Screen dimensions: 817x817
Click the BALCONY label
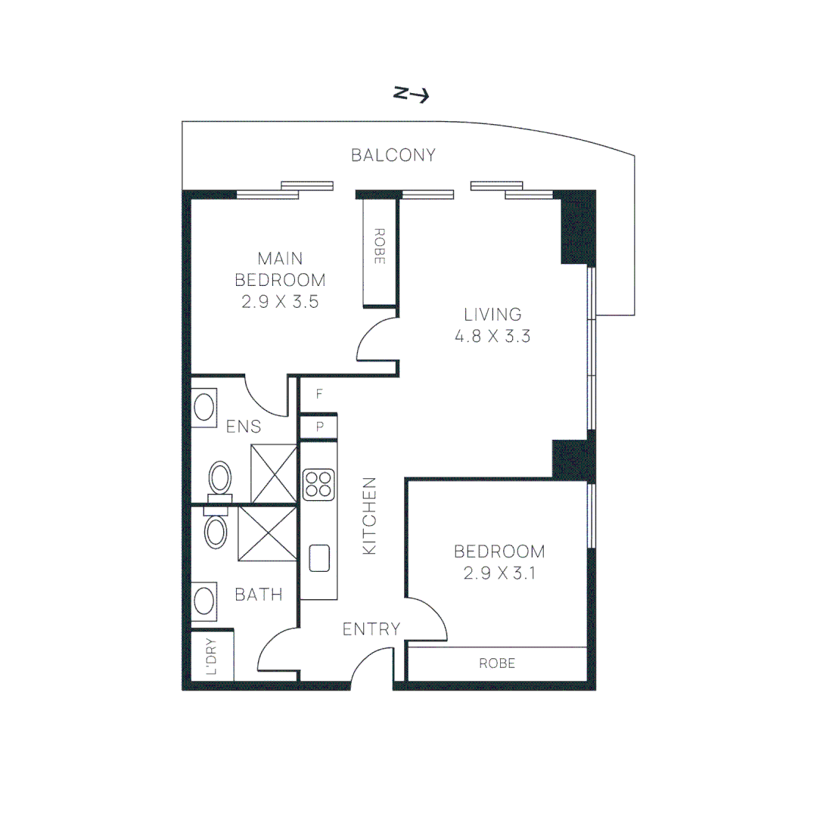pos(393,156)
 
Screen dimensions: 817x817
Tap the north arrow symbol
pos(412,95)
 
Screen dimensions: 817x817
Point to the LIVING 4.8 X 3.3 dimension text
pos(492,336)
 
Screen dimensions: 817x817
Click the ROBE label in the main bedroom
pos(380,246)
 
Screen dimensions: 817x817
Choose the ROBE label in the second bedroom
pos(497,664)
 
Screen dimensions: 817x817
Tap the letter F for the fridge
pos(320,394)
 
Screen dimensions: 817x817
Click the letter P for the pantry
pos(320,427)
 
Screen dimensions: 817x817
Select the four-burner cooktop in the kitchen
pos(318,485)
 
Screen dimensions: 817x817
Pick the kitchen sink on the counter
pos(319,558)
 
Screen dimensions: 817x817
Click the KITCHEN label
pos(369,516)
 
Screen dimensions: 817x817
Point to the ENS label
pos(244,427)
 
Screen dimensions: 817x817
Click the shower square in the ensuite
pos(273,474)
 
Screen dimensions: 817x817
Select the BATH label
pos(258,595)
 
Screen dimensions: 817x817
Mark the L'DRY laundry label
pos(212,657)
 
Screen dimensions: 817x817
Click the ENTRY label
pos(371,629)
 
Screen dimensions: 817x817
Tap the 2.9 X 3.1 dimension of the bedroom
pos(499,573)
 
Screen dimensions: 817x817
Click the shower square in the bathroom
pos(267,534)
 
